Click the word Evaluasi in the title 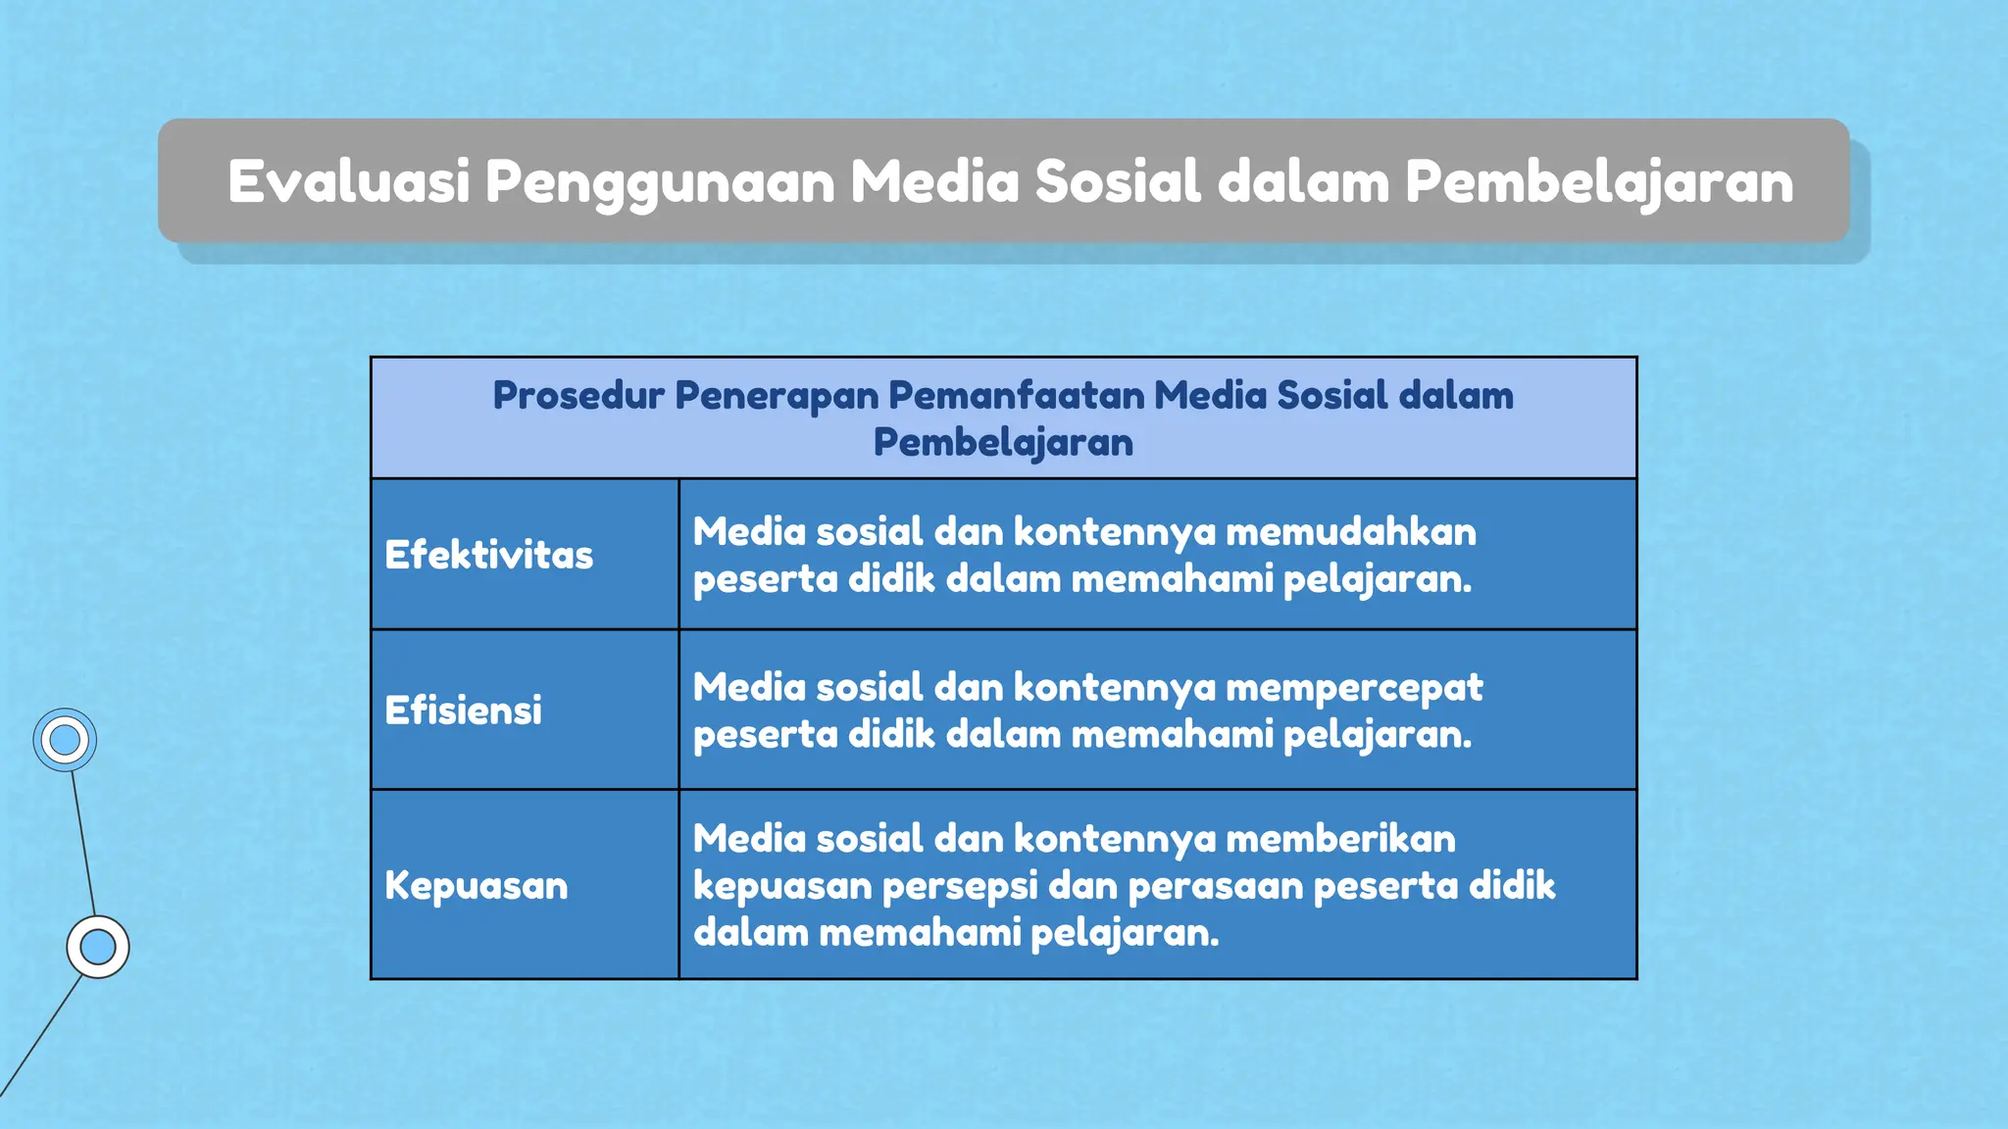tap(349, 181)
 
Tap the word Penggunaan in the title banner tap(659, 183)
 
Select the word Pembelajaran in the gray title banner tap(1599, 183)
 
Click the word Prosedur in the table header tap(578, 395)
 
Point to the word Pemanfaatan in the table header tap(1016, 395)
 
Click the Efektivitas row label tap(488, 555)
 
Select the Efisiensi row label tap(463, 711)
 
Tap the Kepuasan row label tap(476, 885)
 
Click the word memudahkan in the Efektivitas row tap(1350, 531)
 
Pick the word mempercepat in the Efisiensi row tap(1354, 688)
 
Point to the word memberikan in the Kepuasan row tap(1340, 839)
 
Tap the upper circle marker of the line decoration tap(65, 740)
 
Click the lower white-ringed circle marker tap(98, 947)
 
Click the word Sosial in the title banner tap(1118, 181)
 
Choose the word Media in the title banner tap(934, 181)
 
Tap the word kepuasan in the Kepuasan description tap(781, 886)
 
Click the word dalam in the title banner tap(1303, 181)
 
